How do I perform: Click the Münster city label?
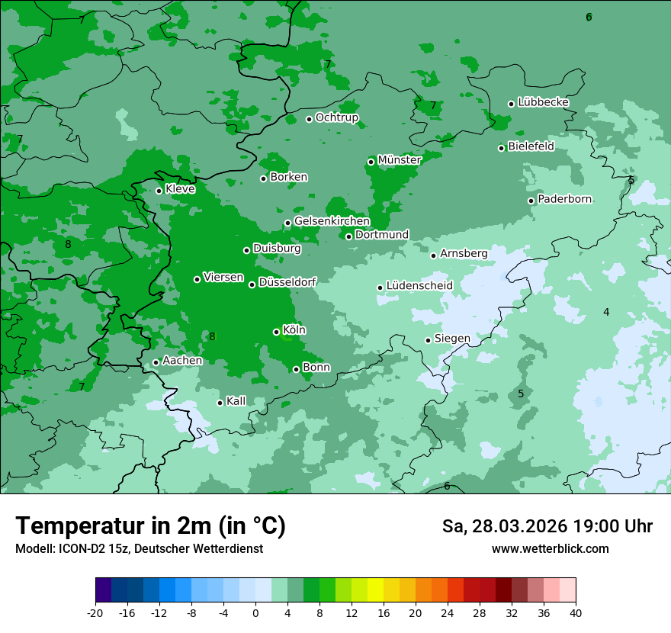point(399,160)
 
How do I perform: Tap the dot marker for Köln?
point(276,332)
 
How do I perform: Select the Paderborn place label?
point(564,199)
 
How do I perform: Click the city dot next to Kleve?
point(159,191)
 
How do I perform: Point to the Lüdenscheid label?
point(419,286)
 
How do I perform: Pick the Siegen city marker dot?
point(428,340)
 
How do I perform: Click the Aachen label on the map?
point(182,361)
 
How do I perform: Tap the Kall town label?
point(236,401)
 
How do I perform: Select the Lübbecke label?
point(543,102)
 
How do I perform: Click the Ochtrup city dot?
point(309,119)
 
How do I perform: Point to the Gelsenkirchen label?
point(332,221)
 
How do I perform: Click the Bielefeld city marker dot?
point(501,148)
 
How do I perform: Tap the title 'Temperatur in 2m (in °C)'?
point(150,526)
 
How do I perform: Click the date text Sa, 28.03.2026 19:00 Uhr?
point(547,526)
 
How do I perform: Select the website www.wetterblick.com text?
point(550,549)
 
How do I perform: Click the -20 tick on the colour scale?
point(95,612)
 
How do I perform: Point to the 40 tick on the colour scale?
point(576,612)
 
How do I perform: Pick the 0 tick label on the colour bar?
point(255,612)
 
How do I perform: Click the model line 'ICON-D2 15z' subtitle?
point(138,549)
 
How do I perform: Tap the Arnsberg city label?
point(463,253)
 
